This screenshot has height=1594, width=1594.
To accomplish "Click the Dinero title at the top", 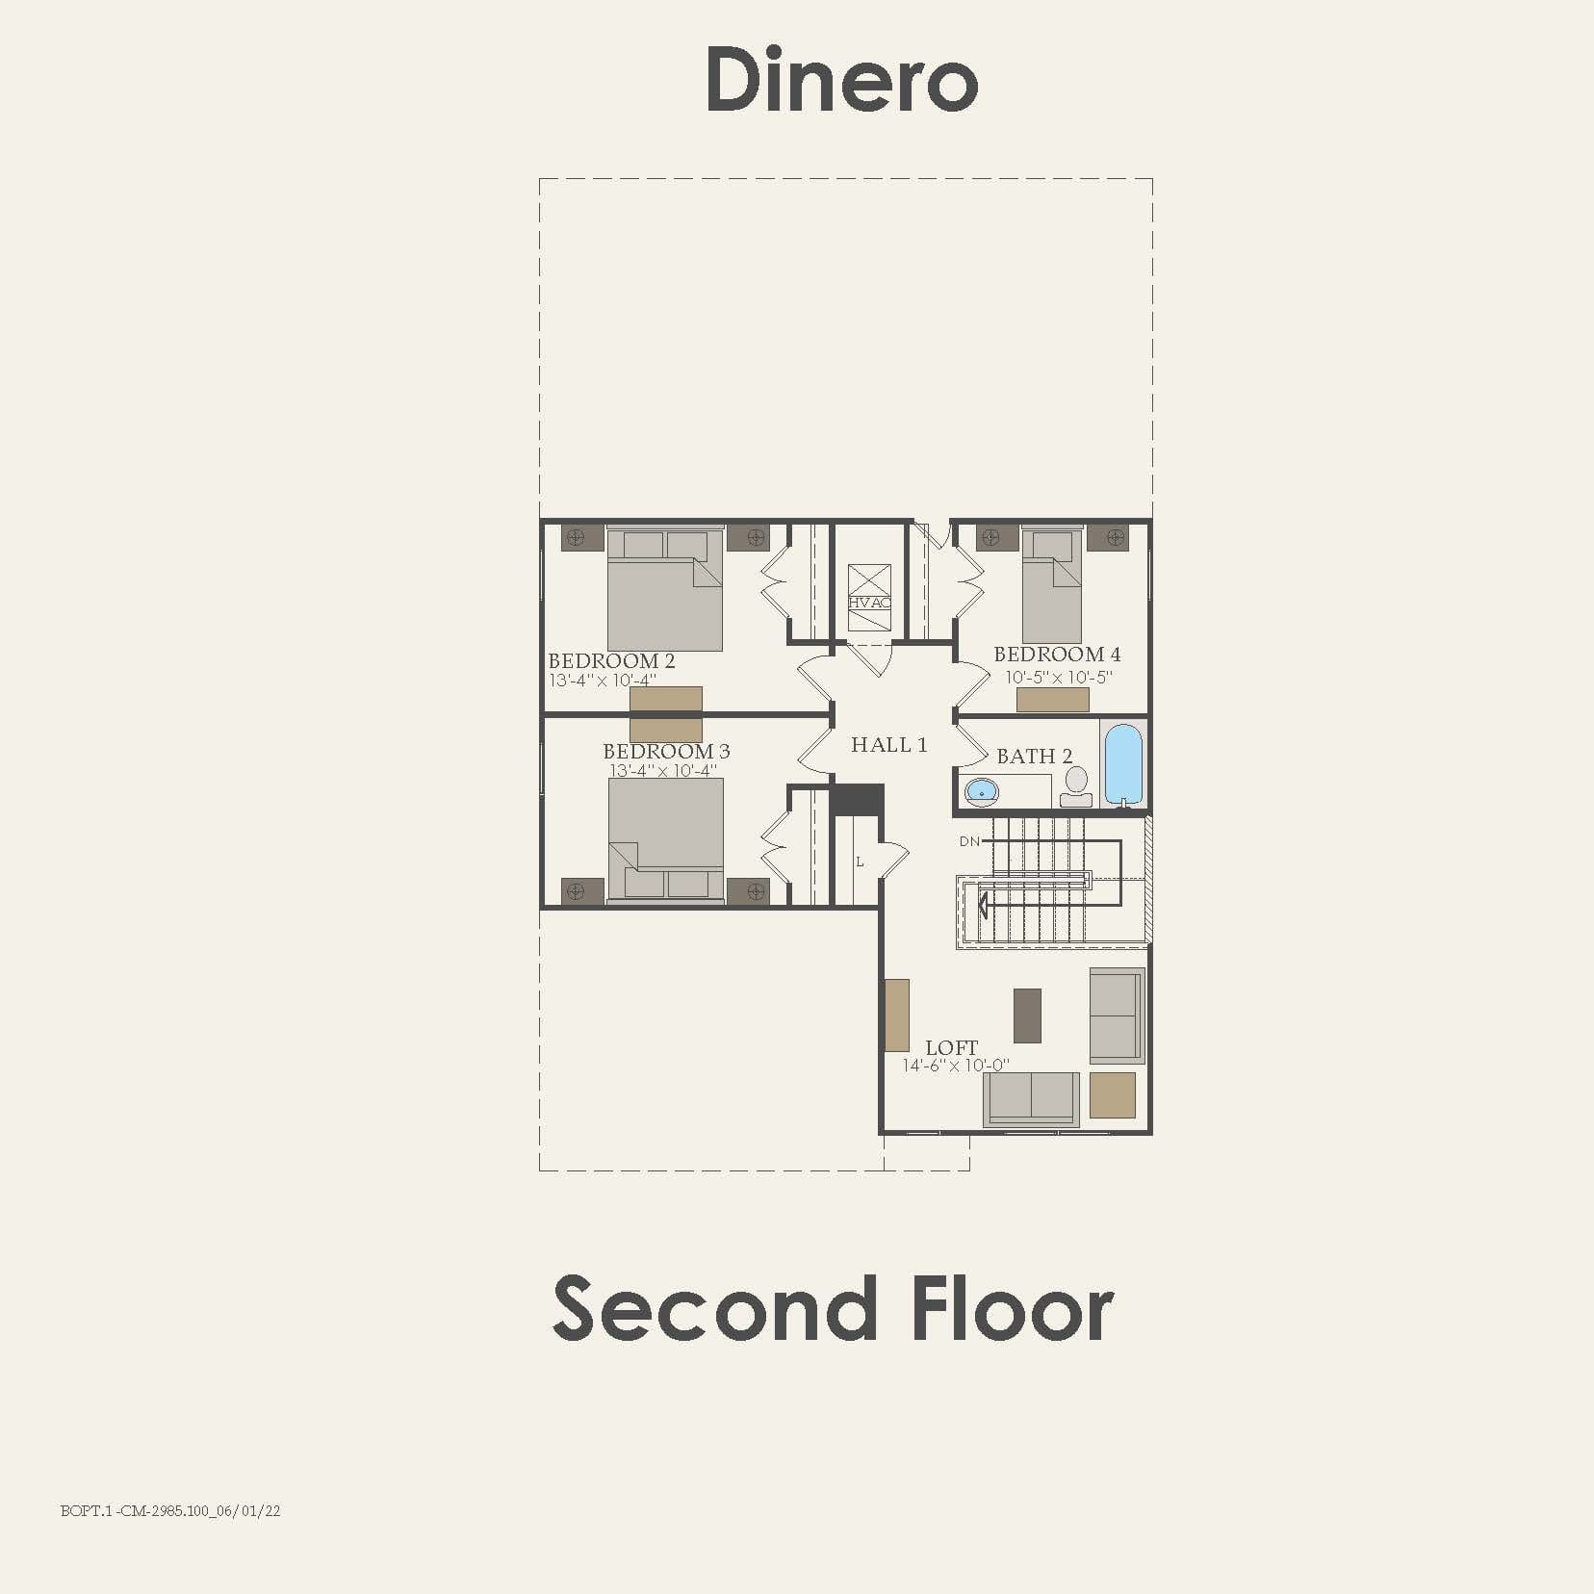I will coord(842,80).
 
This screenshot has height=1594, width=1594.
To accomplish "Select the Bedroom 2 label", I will coord(611,661).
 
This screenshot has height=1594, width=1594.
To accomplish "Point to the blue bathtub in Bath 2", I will coord(1122,763).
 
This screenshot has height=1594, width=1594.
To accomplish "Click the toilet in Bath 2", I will coord(1075,786).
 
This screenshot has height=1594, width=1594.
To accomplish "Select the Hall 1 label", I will coord(888,745).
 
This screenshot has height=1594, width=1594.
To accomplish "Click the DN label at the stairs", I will coord(969,841).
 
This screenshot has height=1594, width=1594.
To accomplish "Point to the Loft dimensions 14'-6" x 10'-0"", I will coord(955,1066).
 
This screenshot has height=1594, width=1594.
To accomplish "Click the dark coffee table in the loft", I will coord(1027,1016).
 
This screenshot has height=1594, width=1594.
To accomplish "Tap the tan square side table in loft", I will coord(1112,1095).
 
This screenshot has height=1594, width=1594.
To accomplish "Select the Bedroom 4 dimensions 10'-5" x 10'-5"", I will coord(1058,677).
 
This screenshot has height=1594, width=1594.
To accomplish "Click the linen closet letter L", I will coord(860,861).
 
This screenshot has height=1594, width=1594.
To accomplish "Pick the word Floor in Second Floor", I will coord(1012,1309).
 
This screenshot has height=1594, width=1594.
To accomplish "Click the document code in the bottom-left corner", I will coord(170,1511).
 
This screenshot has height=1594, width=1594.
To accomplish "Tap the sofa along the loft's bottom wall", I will coord(1031,1098).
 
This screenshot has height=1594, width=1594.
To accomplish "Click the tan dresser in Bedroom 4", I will coord(1052,700).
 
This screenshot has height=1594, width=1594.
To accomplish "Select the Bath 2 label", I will coord(1034,757).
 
